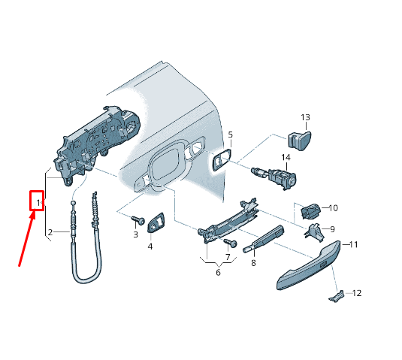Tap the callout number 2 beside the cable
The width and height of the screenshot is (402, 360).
(50, 232)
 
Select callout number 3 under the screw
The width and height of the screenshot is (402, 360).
(136, 234)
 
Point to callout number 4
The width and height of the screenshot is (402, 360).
(150, 246)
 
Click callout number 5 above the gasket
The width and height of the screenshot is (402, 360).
(231, 135)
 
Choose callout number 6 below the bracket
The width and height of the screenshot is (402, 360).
(219, 272)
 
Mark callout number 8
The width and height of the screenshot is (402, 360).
(253, 262)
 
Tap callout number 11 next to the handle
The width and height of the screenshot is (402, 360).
(354, 245)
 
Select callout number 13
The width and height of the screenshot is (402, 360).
(305, 117)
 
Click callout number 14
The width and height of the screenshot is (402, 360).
(286, 157)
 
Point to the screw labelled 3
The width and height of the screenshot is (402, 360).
(137, 220)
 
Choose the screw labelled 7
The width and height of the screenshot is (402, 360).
(232, 244)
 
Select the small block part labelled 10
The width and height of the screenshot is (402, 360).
(310, 210)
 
